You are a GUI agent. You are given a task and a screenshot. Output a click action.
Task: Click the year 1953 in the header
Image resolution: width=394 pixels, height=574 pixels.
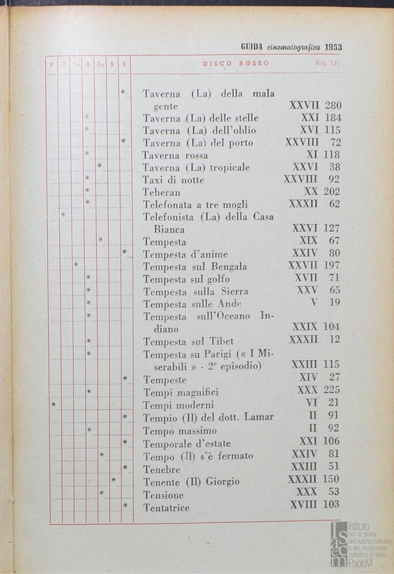[x=333, y=47]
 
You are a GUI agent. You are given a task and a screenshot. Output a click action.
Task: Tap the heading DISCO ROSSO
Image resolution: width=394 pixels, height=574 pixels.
[x=236, y=64]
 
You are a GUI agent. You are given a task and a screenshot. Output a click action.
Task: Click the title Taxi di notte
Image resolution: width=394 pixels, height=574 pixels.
[x=173, y=180]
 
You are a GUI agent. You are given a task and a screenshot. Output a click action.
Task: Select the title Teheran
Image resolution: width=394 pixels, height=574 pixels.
[x=161, y=192]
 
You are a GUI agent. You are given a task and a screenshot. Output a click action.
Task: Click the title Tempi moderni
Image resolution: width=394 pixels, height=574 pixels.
[x=178, y=406]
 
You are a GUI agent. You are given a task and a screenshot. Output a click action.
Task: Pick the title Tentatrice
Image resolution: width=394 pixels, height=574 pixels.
[x=166, y=508]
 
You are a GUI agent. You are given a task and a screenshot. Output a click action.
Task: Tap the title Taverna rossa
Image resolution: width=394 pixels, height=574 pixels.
[x=175, y=155]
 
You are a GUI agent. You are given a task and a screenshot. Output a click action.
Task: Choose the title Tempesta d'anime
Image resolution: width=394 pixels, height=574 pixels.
[x=186, y=254]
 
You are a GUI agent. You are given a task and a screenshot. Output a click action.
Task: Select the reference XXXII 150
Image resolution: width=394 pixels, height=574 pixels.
[x=313, y=480]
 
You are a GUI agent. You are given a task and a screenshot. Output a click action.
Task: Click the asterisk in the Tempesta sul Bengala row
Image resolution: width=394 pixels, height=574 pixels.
[x=76, y=265]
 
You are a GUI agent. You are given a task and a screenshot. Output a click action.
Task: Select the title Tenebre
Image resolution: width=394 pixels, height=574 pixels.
[x=162, y=470]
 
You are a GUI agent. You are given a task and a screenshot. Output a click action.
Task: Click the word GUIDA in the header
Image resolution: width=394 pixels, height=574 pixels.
[x=249, y=47]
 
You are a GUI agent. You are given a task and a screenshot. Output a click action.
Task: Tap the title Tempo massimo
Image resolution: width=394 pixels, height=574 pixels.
[x=180, y=430]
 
